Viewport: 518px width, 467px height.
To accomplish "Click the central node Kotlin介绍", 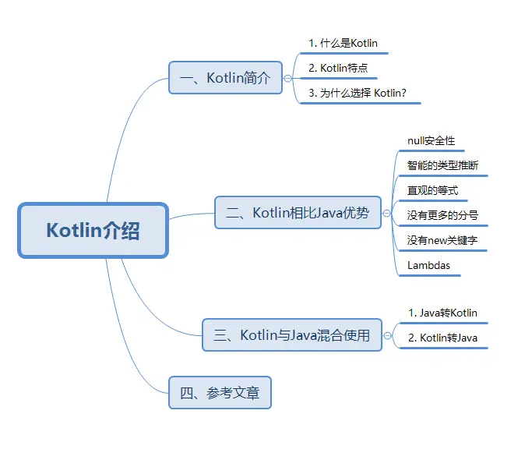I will tap(93, 231).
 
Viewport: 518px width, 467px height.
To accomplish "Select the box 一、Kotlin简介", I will tap(225, 78).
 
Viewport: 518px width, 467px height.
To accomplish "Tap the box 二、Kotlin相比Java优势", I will tap(298, 212).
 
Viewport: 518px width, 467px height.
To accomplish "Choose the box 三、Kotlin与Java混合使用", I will tap(291, 335).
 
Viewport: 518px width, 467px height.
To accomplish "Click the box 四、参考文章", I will tap(220, 393).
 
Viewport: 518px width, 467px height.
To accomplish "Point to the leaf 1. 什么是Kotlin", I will tap(343, 44).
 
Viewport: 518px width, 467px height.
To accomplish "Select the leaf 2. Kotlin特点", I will tap(338, 69).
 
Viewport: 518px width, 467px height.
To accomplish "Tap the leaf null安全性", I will tap(431, 141).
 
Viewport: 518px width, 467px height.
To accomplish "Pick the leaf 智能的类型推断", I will tap(442, 165).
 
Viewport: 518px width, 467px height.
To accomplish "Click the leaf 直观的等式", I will tap(432, 190).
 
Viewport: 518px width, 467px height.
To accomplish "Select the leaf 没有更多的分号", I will tap(442, 215).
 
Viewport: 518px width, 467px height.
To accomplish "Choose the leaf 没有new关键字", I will tap(442, 241).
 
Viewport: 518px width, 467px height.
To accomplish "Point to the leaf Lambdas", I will tap(428, 266).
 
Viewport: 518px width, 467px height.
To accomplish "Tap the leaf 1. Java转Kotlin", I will tap(442, 313).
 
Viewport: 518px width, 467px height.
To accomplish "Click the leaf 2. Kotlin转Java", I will tap(442, 338).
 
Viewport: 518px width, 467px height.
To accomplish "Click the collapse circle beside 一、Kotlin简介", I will tap(288, 78).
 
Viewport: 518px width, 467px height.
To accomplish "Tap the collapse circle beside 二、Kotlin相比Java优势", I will tap(387, 212).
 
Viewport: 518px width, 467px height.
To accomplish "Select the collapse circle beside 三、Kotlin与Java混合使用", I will tap(388, 335).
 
